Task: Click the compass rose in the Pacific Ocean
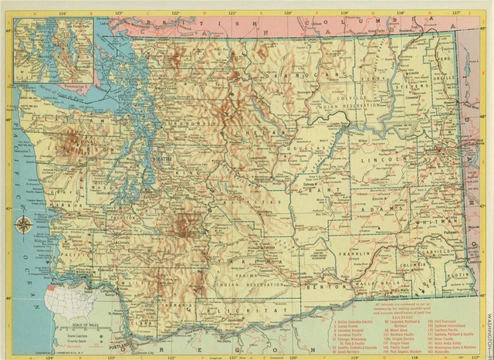[23, 226]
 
